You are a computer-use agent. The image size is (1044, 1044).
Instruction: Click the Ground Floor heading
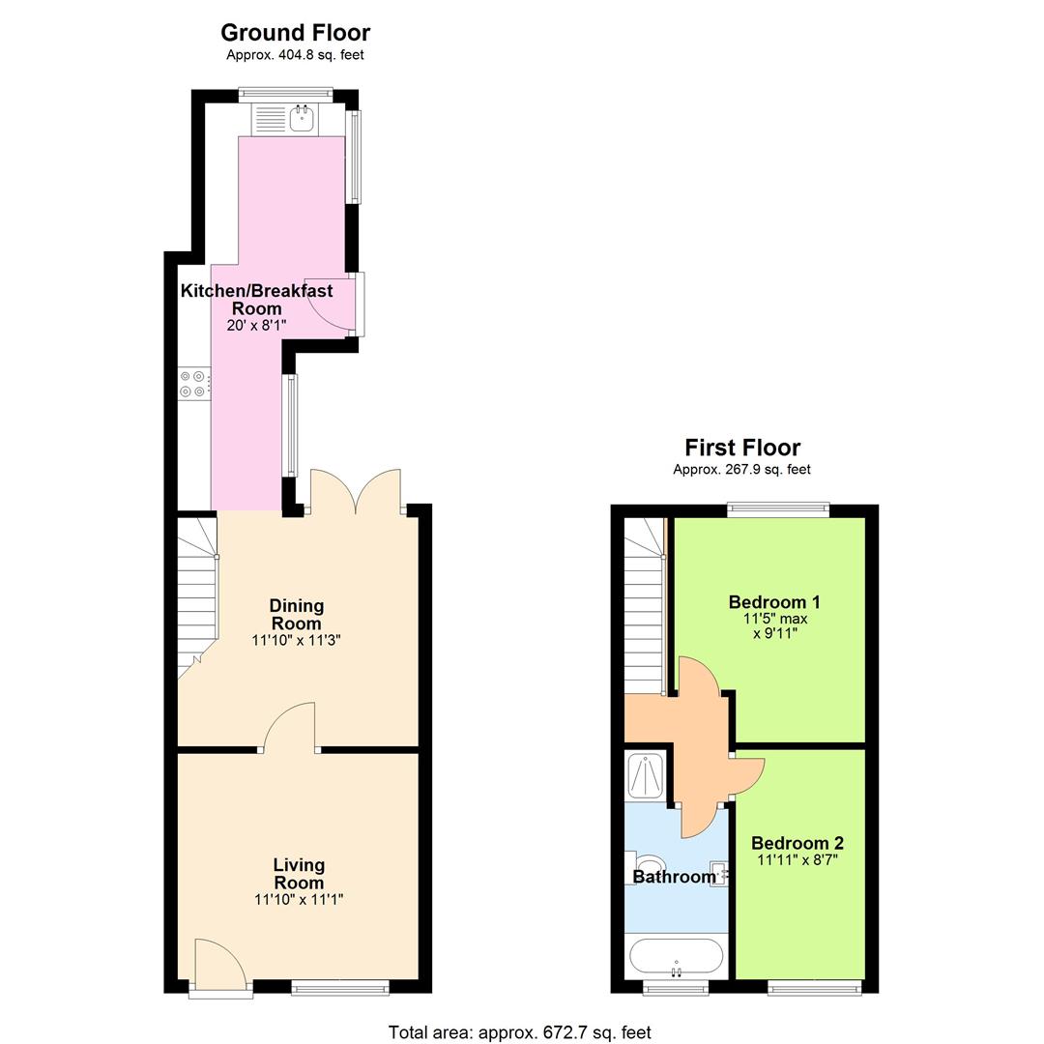pyautogui.click(x=295, y=34)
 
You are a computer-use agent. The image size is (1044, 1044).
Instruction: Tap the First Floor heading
pyautogui.click(x=742, y=448)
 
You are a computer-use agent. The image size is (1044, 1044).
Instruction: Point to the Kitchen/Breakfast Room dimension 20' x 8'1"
pyautogui.click(x=256, y=327)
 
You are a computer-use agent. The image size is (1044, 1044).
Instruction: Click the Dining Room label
pyautogui.click(x=296, y=615)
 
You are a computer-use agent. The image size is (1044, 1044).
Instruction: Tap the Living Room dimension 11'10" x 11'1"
pyautogui.click(x=299, y=900)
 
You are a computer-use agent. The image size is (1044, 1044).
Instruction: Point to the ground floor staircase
pyautogui.click(x=196, y=599)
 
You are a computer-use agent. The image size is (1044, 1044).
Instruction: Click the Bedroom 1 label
pyautogui.click(x=774, y=602)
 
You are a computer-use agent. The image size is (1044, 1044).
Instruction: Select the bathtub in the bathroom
pyautogui.click(x=676, y=958)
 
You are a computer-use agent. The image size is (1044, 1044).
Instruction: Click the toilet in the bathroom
pyautogui.click(x=648, y=862)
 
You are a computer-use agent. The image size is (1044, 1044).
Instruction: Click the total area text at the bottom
pyautogui.click(x=520, y=1032)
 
